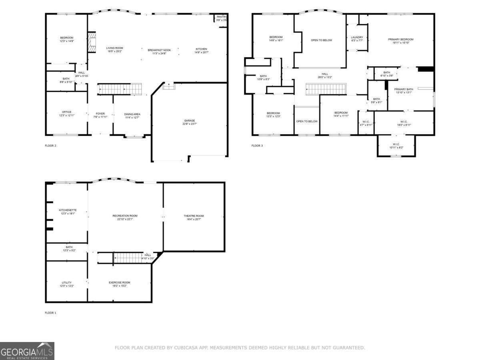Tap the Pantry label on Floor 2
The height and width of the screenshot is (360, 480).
(x=221, y=17)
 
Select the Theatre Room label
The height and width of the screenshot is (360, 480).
(x=194, y=216)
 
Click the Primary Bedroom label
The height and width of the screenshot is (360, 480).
(x=400, y=39)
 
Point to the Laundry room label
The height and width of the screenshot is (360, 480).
(x=357, y=37)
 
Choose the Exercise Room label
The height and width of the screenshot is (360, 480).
(x=119, y=282)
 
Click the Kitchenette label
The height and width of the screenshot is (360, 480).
(x=68, y=210)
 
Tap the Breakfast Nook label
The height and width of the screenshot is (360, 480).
(x=159, y=50)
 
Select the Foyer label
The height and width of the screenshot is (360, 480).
(x=100, y=114)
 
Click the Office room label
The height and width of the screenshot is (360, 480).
(x=66, y=112)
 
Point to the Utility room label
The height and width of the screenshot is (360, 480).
(x=66, y=282)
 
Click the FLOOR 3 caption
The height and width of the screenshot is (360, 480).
(x=257, y=146)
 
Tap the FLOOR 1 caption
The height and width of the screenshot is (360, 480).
(x=50, y=313)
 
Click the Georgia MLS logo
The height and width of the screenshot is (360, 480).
(x=27, y=351)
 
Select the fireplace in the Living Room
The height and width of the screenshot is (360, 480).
(x=92, y=42)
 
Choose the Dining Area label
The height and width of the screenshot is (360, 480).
(x=132, y=114)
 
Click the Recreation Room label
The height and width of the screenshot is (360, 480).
(x=125, y=216)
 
